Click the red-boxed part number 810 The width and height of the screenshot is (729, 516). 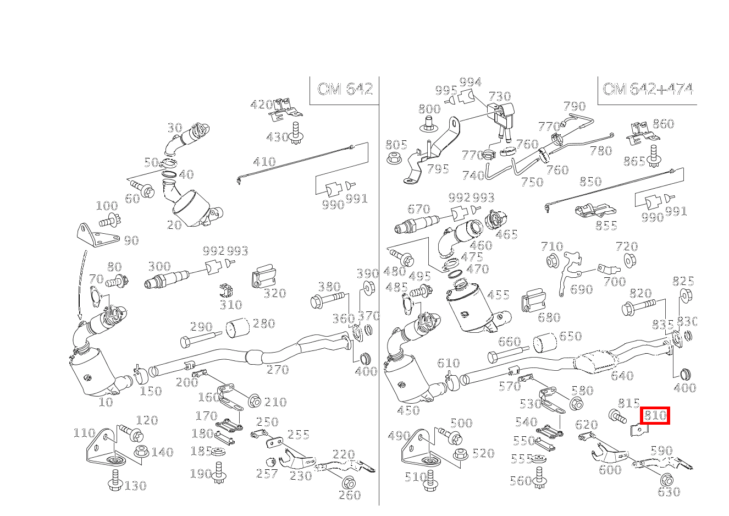coord(655,415)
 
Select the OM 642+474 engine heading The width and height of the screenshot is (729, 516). coord(647,89)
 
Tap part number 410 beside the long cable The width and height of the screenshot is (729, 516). coord(264,162)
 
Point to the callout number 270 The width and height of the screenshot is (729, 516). coord(278,370)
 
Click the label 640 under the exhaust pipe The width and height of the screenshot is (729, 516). coord(622,376)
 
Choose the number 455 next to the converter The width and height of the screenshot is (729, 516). coord(498,295)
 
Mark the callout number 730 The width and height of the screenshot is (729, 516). coord(499,97)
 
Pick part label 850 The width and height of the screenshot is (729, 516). coord(590,182)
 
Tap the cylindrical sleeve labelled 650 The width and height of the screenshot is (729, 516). coord(544,343)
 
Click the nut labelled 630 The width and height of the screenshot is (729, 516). coord(666,479)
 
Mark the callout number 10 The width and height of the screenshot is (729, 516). coord(105,402)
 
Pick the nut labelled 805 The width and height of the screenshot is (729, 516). coord(393,158)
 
